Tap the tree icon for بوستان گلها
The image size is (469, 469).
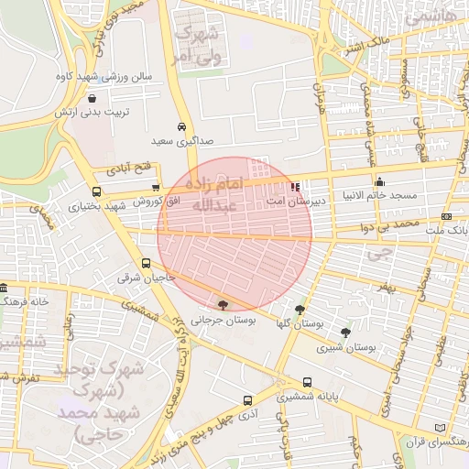[x=300, y=310]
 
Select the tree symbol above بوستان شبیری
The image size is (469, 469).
[x=345, y=333]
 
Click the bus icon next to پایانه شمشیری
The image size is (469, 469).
[x=306, y=384]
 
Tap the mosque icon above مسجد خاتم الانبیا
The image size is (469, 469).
[x=379, y=181]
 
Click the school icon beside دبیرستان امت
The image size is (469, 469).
[x=295, y=187]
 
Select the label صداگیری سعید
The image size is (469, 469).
[x=182, y=143]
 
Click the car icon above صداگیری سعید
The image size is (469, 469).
[x=182, y=127]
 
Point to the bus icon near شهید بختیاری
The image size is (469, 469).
[x=96, y=192]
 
